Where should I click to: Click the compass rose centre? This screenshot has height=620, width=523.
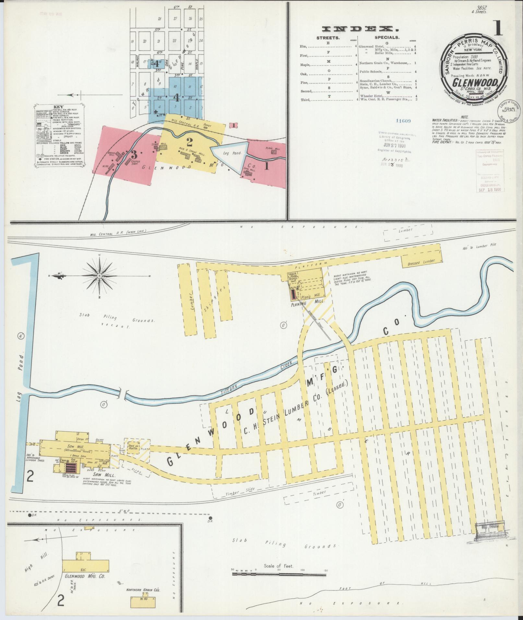pos(100,276)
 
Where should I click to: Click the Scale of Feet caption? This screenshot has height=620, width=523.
pos(279,566)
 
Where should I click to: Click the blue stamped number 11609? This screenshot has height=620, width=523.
pos(403,121)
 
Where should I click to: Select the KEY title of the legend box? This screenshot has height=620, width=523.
pos(59,107)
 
